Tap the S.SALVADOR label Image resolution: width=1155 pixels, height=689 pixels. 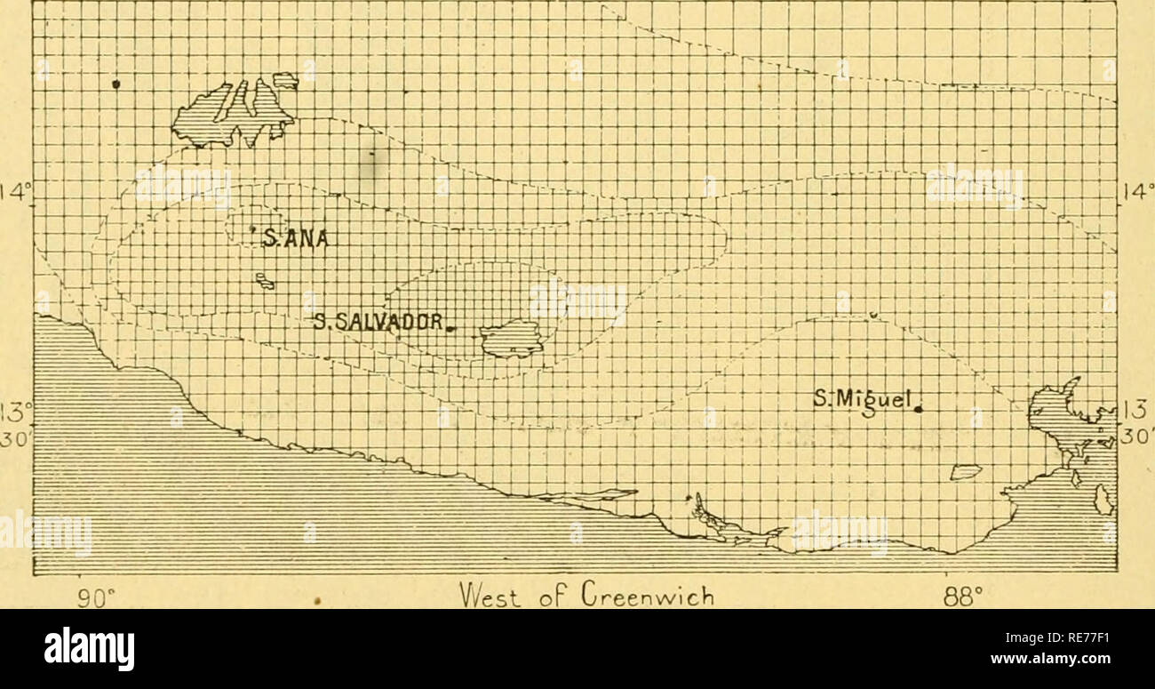point(379,323)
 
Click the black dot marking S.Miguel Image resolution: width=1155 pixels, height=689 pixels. point(919,409)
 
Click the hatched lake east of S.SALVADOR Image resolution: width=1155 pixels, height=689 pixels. point(511,339)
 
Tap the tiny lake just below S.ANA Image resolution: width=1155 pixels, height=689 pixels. point(264,282)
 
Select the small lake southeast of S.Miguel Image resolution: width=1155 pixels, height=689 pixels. point(966,471)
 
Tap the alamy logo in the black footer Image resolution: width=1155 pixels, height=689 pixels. point(90,648)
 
